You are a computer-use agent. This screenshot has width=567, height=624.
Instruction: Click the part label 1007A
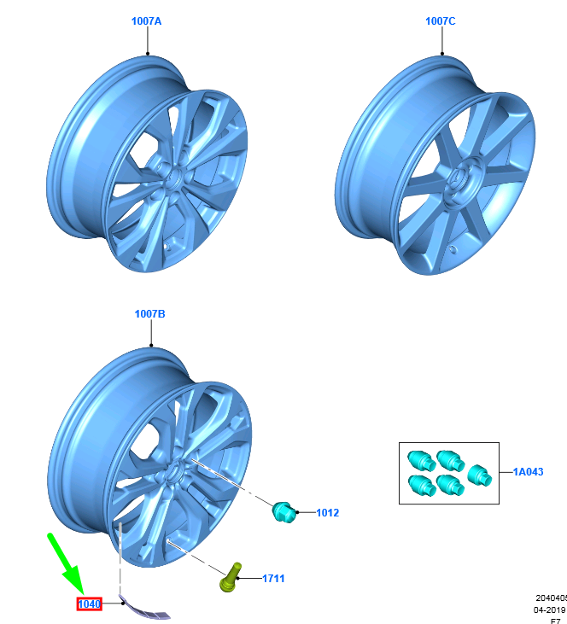(146, 20)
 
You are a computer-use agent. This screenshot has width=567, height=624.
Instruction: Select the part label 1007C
(441, 20)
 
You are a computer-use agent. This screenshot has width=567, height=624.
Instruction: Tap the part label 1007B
(149, 314)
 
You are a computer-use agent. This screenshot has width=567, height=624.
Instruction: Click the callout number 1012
(327, 513)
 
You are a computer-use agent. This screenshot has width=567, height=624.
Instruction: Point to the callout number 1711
(273, 579)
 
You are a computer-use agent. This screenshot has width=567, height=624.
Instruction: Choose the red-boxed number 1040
(90, 604)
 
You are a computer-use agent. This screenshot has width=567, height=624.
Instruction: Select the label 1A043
(528, 471)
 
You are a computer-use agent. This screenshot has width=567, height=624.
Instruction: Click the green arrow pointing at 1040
(66, 563)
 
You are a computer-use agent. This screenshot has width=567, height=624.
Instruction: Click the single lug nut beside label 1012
(283, 512)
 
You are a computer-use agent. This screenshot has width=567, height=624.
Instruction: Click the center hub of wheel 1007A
(170, 176)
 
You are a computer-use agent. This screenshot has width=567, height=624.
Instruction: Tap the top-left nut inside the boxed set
(418, 459)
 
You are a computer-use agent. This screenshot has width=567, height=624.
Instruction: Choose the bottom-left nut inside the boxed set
(420, 485)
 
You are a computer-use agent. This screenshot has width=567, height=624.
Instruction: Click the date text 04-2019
(550, 610)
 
